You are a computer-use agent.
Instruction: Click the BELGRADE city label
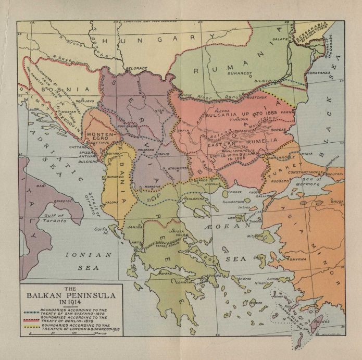tap(136, 68)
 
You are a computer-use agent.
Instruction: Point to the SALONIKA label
tap(196, 198)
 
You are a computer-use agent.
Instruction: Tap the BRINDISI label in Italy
tap(61, 201)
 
